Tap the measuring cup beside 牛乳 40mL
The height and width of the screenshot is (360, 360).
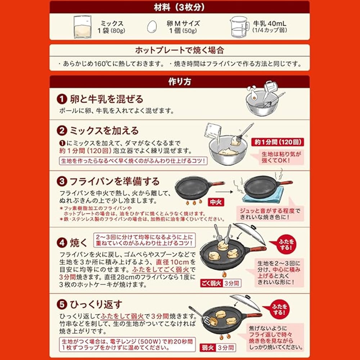[x=240, y=27]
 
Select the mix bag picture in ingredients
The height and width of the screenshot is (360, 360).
[x=82, y=27]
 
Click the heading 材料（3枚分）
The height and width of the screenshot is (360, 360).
[x=179, y=7]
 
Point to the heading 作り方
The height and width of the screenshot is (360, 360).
[x=180, y=81]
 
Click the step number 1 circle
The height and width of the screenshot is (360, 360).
[x=62, y=99]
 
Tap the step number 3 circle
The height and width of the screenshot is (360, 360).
[x=62, y=181]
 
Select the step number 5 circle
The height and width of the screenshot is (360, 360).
[x=62, y=305]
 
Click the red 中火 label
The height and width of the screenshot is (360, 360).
[x=216, y=202]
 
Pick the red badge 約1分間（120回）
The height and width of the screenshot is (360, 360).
[x=277, y=142]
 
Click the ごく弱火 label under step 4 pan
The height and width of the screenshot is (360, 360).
[x=211, y=283]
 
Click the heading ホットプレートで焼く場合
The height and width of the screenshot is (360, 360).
[x=179, y=50]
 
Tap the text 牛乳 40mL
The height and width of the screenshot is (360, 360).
[x=270, y=23]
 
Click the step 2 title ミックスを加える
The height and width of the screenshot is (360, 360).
[x=104, y=130]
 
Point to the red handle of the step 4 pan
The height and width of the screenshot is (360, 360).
[x=258, y=249]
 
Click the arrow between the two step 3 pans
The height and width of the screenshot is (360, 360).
[x=224, y=192]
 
